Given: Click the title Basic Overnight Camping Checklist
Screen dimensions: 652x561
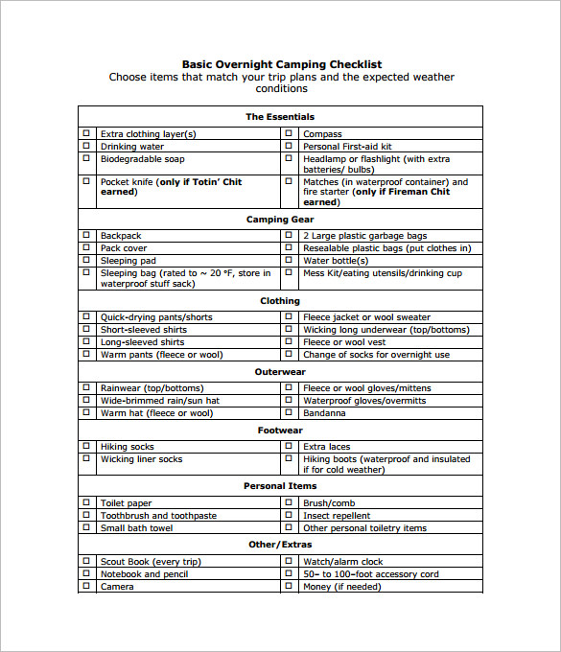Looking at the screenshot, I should [x=281, y=64].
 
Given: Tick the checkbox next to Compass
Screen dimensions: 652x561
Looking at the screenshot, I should [x=289, y=134].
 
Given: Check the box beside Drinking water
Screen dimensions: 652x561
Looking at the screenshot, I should [x=85, y=147].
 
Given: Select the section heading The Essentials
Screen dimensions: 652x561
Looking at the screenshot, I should [x=280, y=117].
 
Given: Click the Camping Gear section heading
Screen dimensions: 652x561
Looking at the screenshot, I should [x=280, y=220].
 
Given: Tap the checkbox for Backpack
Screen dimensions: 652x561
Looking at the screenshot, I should [x=85, y=236].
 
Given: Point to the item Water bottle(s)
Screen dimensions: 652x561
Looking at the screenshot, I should [x=336, y=261].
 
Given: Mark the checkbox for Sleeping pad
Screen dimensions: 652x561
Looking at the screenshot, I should [x=85, y=261].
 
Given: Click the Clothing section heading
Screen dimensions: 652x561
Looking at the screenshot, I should [x=280, y=301].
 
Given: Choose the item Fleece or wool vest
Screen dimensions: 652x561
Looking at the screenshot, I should [x=344, y=342].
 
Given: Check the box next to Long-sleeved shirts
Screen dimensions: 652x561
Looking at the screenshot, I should [x=85, y=342].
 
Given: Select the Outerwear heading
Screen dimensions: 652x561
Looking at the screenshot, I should [x=280, y=372].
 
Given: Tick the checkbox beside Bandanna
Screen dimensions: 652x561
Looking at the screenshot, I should [x=289, y=413].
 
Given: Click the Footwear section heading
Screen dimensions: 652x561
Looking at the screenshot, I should [x=280, y=431].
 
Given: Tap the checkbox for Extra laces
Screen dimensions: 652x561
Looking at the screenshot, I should [x=289, y=447].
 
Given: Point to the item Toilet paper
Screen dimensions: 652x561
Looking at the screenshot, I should [x=126, y=503].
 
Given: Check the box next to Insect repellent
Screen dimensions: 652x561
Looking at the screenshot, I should [x=289, y=516].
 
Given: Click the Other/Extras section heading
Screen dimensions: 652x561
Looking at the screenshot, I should [x=280, y=545].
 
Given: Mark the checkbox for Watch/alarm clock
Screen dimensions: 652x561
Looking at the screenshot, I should [x=289, y=562].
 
